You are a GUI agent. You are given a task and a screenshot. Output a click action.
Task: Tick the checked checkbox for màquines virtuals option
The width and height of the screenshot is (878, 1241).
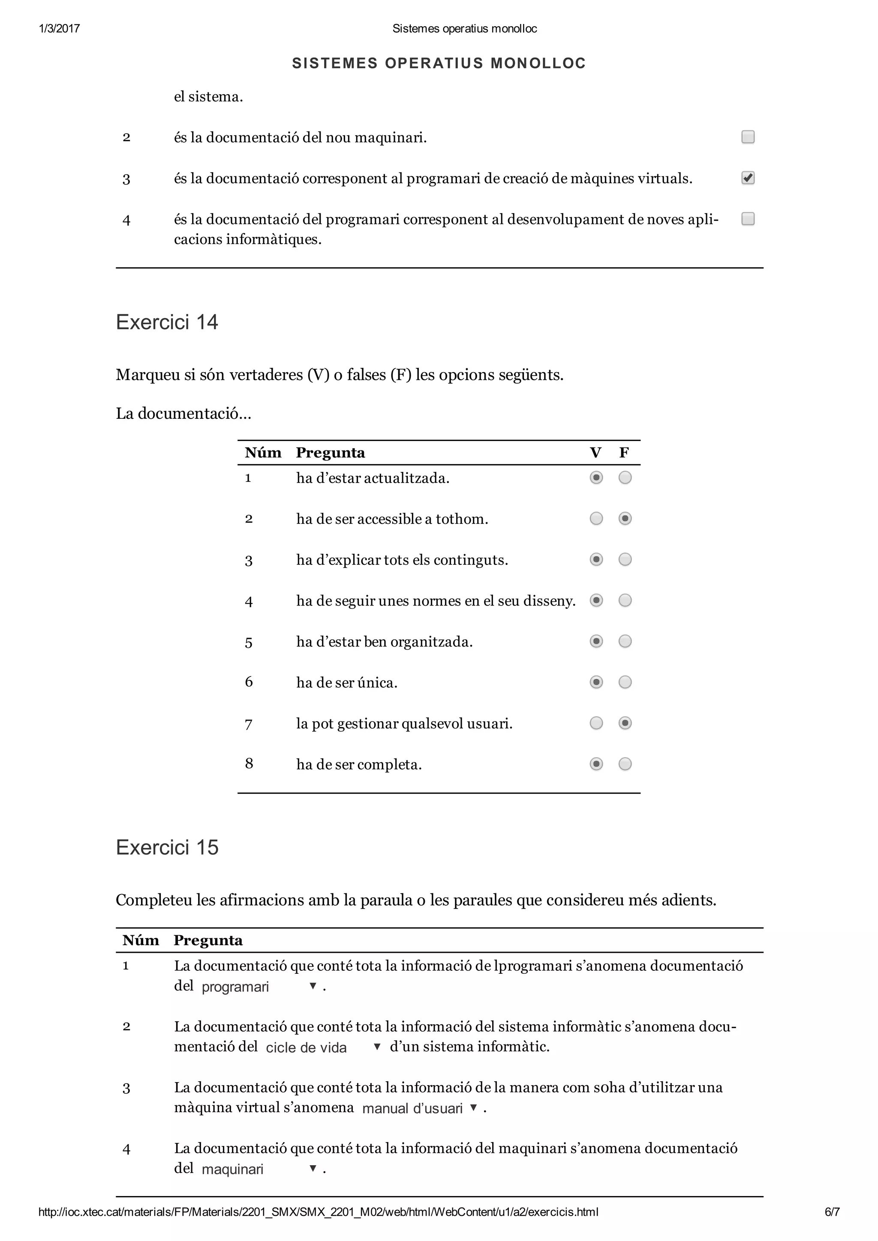click(x=748, y=178)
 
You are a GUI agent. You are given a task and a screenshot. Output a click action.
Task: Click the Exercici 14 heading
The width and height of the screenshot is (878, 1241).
click(x=167, y=322)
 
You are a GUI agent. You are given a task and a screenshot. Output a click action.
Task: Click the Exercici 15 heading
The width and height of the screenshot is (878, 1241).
click(x=167, y=847)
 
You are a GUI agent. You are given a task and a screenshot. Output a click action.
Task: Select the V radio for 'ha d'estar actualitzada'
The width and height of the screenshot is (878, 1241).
click(x=596, y=478)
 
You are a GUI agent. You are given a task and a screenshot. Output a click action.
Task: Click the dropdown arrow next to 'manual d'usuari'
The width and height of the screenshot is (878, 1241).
click(x=473, y=1107)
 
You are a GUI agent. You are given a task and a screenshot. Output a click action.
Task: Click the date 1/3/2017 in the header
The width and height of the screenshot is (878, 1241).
click(x=60, y=29)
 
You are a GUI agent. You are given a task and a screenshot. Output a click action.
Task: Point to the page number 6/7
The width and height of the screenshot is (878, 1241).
click(x=832, y=1212)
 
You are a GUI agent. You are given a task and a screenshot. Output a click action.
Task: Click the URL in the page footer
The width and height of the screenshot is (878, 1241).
click(x=318, y=1212)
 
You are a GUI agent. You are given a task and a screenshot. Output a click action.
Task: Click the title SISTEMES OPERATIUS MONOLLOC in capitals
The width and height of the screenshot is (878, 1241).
click(x=439, y=63)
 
